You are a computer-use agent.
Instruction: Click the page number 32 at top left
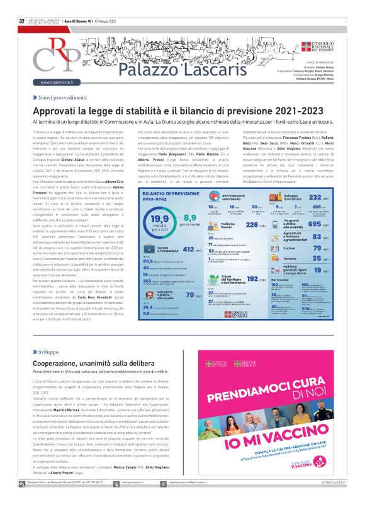pyautogui.click(x=21, y=4)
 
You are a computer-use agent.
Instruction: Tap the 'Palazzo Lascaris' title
pyautogui.click(x=155, y=67)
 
